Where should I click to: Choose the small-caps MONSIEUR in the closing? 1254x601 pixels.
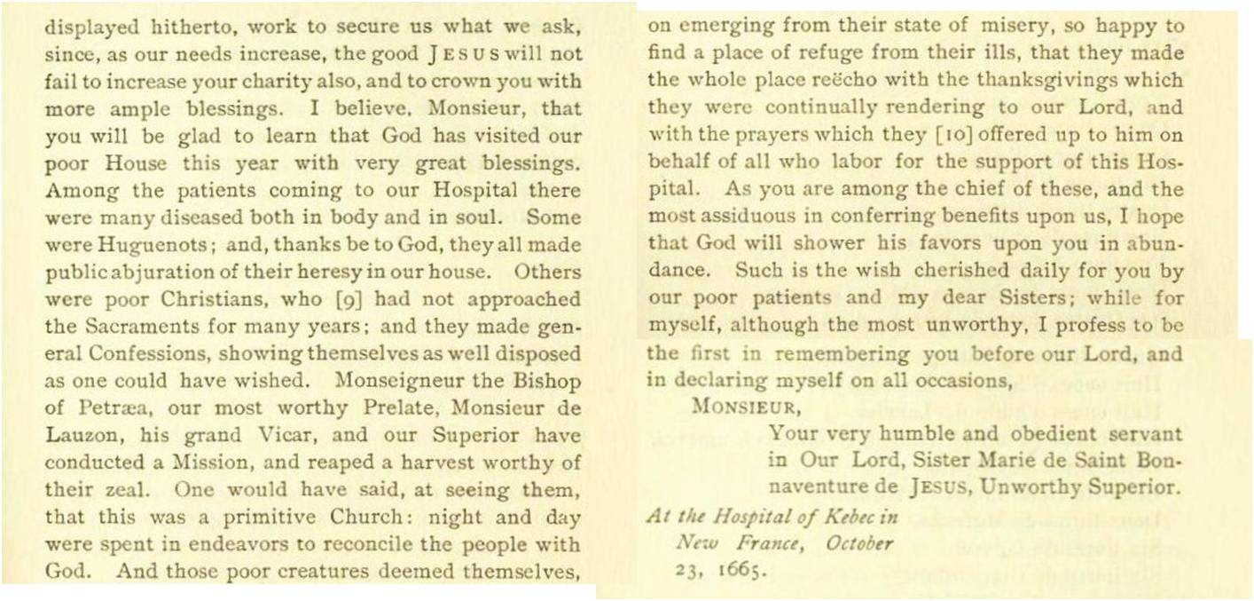click(x=734, y=409)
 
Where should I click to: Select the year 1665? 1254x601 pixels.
click(x=739, y=570)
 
